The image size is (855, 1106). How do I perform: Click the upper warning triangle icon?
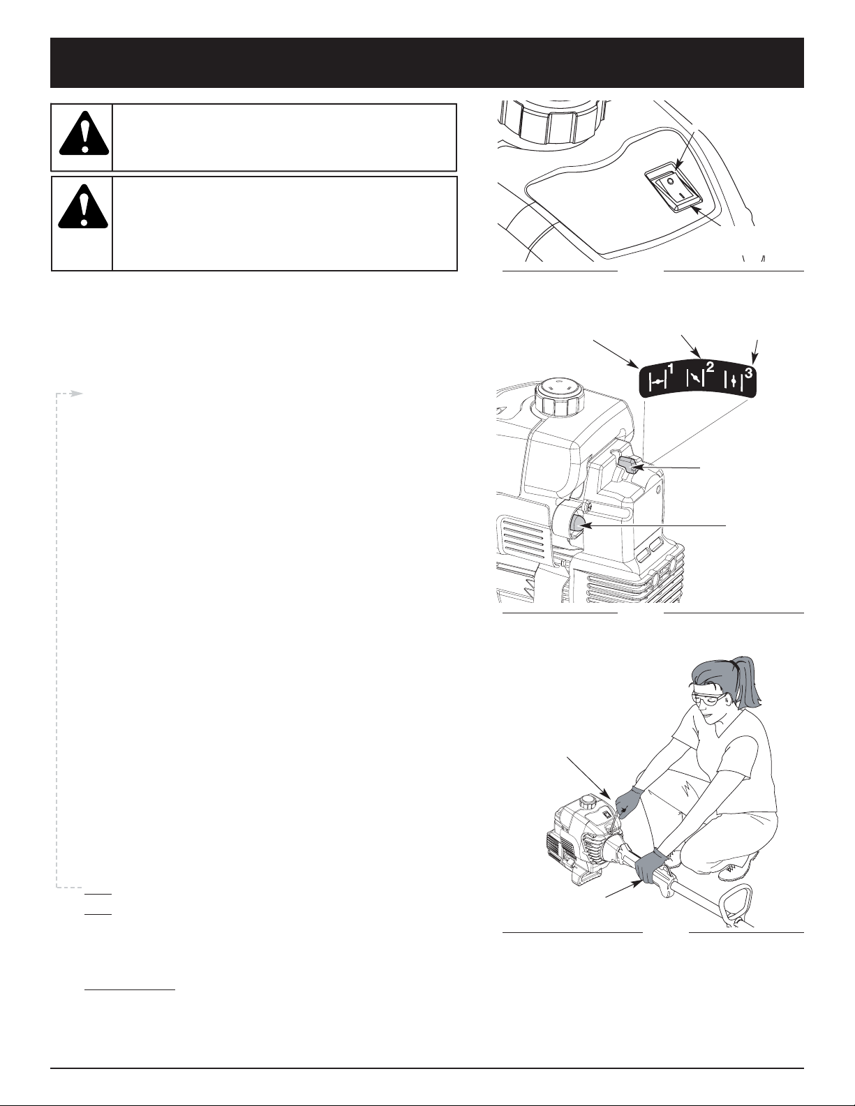coord(84,133)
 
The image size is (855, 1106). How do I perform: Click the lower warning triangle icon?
coord(84,206)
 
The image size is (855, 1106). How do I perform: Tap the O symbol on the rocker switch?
coord(670,181)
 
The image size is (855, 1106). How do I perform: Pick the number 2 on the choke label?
coord(709,366)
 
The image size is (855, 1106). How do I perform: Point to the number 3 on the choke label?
coord(749,373)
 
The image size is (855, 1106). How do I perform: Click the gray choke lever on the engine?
coord(629,463)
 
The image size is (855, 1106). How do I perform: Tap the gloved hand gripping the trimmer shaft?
coord(651,865)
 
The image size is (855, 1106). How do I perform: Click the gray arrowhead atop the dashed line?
coord(77,394)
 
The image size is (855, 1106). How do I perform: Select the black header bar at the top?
coord(427,63)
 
